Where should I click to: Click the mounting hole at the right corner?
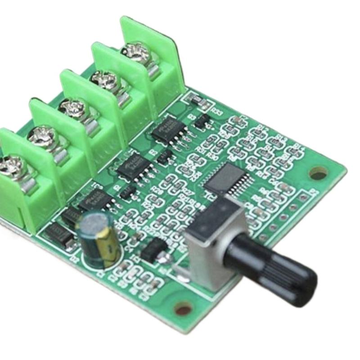tap(319, 173)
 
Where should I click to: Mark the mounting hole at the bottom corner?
tap(184, 309)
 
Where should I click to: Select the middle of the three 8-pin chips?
tap(135, 165)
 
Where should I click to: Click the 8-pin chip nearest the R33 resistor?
tap(168, 131)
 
